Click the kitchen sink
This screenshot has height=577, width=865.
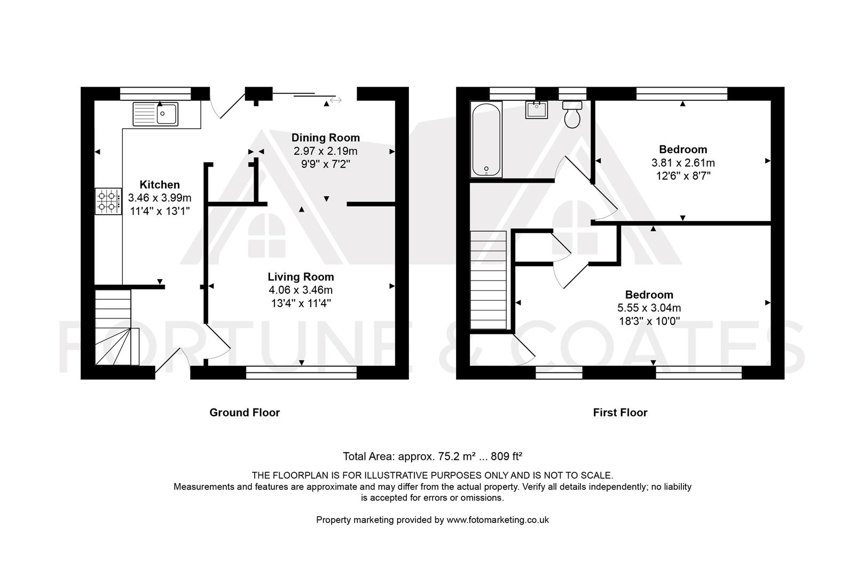coord(155,114)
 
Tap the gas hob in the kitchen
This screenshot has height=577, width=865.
coord(108,201)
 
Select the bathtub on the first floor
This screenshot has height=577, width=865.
coord(486,139)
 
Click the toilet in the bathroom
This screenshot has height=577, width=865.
coord(572,114)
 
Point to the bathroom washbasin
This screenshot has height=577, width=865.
coord(537,110)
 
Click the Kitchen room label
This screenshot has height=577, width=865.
coord(160,184)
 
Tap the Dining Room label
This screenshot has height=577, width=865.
coord(326,138)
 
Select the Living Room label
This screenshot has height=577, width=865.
coord(301,277)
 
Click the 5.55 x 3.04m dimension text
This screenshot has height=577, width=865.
coord(649,308)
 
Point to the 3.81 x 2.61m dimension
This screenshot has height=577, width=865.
coord(683,163)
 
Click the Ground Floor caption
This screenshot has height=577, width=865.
coord(245,413)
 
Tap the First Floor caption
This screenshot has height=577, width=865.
coord(620,413)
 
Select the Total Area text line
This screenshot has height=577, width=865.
coord(433,456)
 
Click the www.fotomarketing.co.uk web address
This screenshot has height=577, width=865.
coord(498,520)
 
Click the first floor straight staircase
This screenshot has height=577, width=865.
coord(488,280)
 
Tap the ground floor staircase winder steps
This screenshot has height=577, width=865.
coord(117,346)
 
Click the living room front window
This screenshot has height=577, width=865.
coord(301,372)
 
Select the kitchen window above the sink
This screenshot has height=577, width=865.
coord(155,93)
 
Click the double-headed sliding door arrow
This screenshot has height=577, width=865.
coord(335,100)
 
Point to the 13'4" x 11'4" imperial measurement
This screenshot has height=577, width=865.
coord(301,303)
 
